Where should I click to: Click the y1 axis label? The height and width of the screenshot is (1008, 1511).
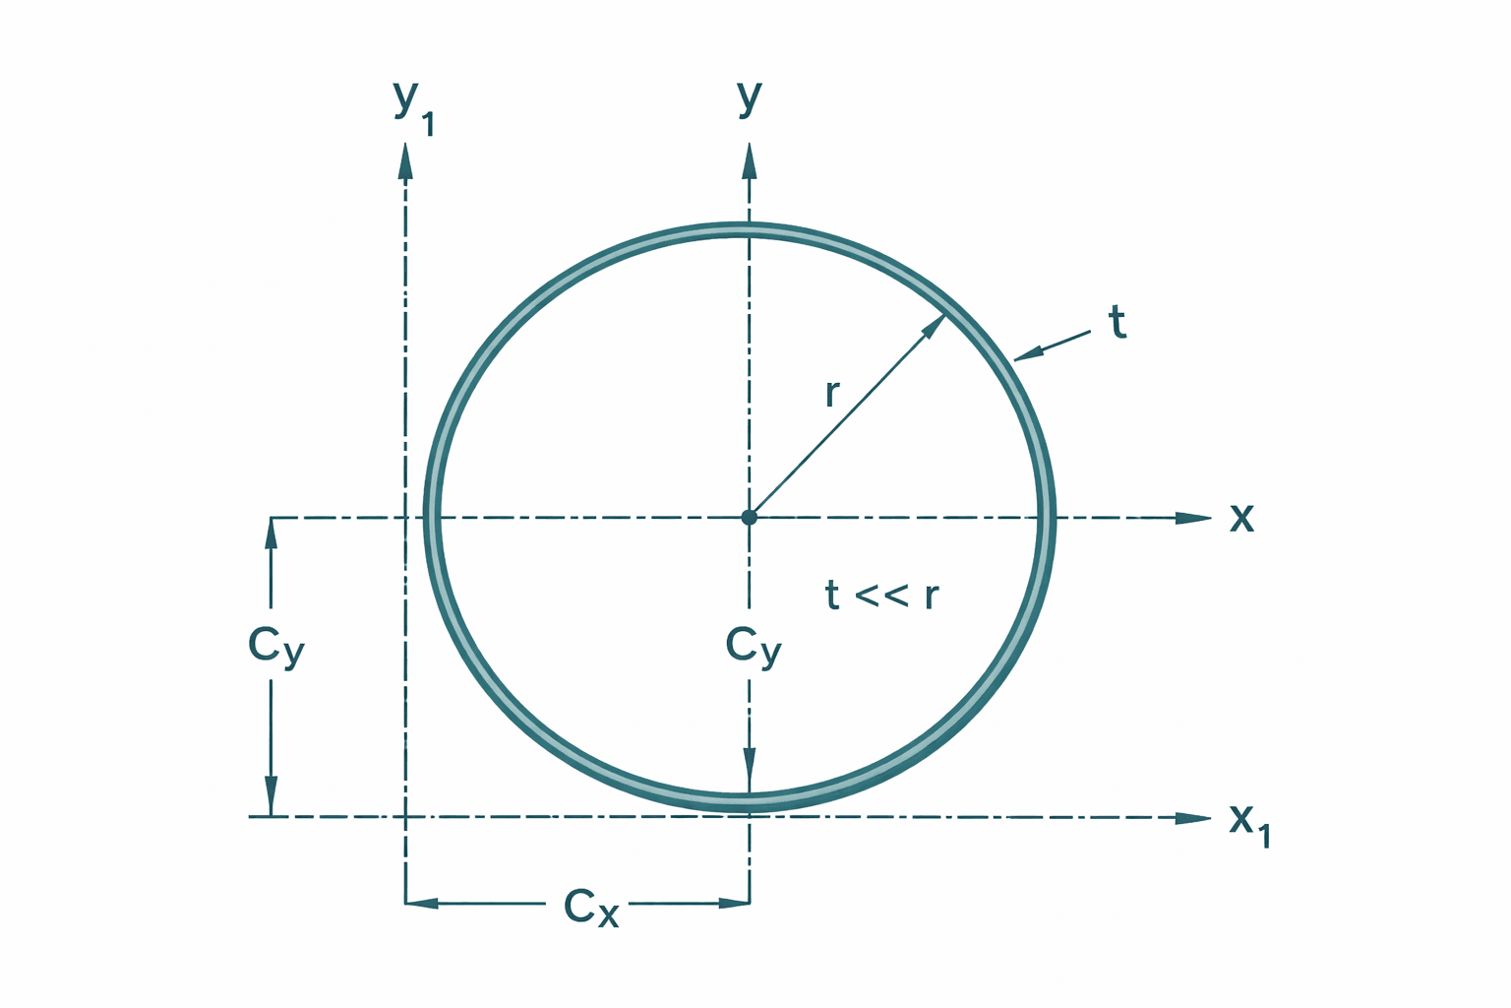[412, 105]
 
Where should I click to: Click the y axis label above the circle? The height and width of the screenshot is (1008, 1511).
[750, 96]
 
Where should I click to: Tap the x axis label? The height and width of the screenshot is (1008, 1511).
[1242, 517]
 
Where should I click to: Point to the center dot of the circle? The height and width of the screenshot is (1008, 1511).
[750, 517]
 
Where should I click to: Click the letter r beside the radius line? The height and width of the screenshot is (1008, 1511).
[832, 393]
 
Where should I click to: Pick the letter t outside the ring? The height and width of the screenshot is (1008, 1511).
[1118, 323]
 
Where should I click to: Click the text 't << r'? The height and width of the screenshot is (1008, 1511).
[881, 596]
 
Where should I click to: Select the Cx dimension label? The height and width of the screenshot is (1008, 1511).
[591, 908]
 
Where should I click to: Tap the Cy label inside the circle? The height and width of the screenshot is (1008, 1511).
[754, 648]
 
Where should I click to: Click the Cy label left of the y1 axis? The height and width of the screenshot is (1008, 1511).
[276, 648]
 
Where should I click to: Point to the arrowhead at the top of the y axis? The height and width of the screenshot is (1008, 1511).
[750, 160]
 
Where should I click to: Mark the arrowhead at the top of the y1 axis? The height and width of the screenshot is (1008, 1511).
[405, 160]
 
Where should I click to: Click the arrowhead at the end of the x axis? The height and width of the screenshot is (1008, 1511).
[1194, 518]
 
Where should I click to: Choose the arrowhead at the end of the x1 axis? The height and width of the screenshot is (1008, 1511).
[1194, 818]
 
